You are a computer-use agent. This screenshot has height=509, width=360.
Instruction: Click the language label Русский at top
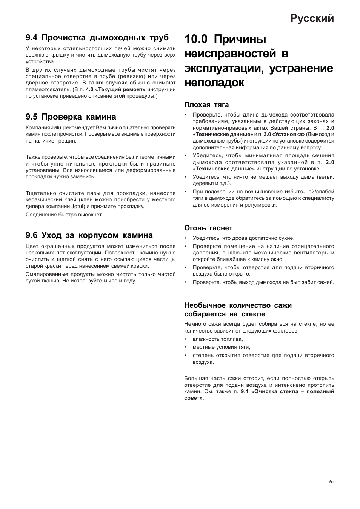point(312,18)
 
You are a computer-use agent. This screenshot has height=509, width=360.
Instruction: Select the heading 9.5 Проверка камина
point(71,117)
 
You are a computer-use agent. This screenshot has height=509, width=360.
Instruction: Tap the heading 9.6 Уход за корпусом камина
point(89,235)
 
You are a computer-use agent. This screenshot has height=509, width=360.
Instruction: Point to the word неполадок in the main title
point(214,83)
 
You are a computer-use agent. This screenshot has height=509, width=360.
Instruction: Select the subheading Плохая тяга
point(206,104)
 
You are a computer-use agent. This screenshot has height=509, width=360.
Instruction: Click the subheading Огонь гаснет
point(208,228)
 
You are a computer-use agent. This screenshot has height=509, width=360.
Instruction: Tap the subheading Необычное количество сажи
point(238,305)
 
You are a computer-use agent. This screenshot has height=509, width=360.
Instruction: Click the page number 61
point(331,481)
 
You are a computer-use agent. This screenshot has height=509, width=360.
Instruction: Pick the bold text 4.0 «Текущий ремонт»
point(115,89)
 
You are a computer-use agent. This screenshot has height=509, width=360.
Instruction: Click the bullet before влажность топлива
point(186,339)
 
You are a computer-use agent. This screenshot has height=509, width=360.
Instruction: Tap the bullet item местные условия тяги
point(221,347)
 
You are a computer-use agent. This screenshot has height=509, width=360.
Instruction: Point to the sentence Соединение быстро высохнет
point(64,215)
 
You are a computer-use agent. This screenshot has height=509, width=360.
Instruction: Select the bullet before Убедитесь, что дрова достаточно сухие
point(186,238)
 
